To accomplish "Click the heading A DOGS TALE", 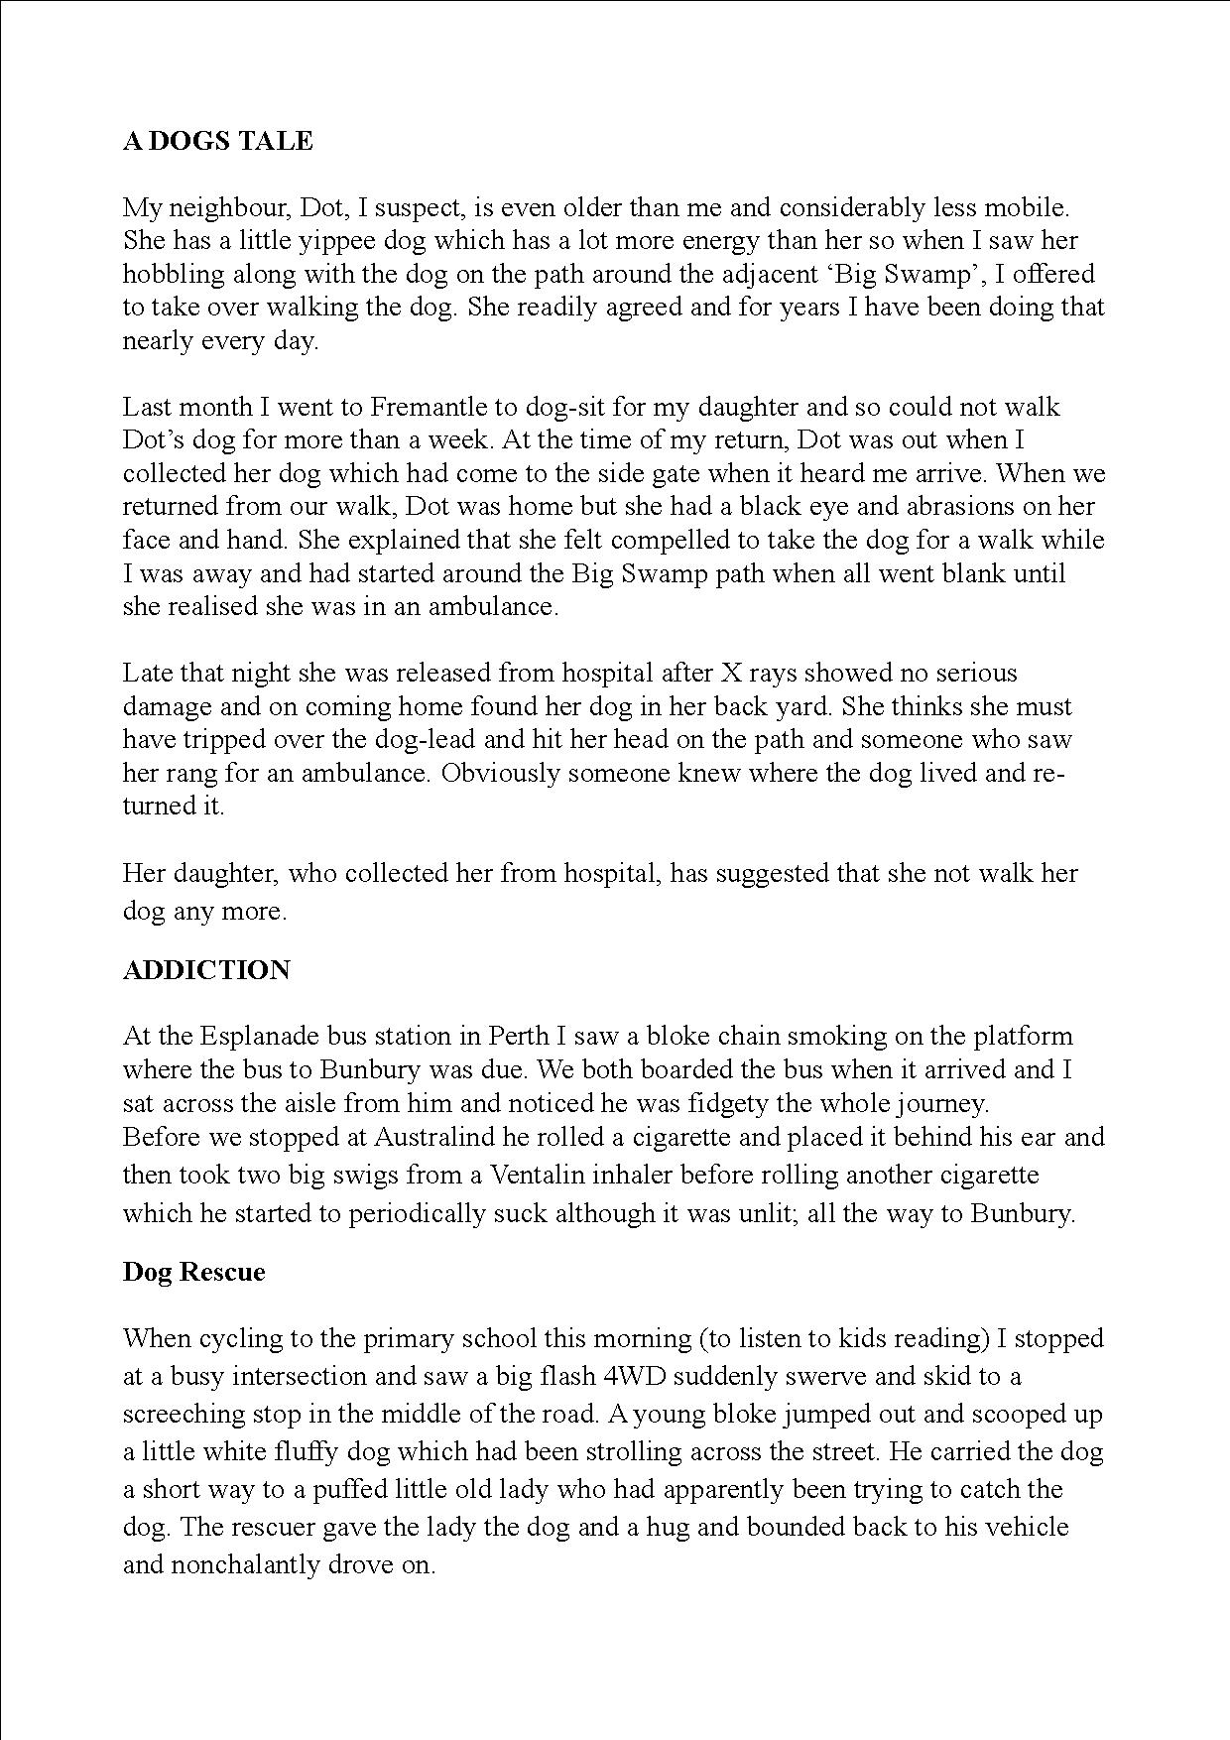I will tap(217, 142).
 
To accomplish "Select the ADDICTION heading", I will tap(206, 970).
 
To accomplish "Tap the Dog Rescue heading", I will tap(193, 1272).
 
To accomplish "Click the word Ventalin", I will tap(545, 1176).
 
